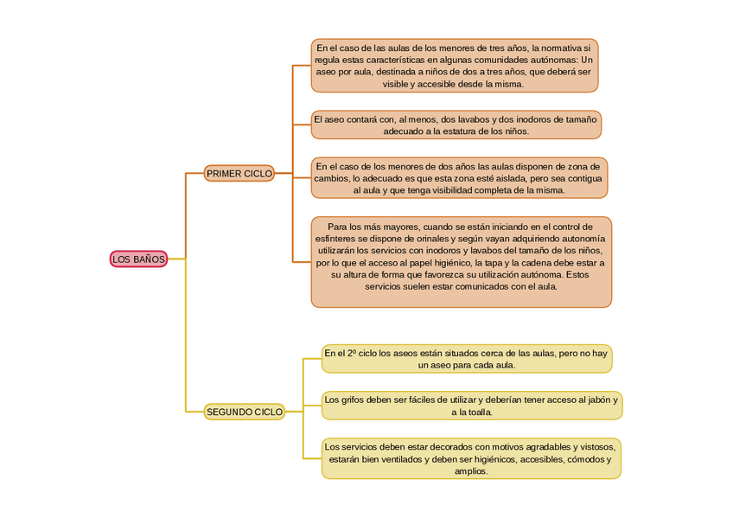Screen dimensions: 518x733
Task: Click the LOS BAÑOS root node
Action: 138,259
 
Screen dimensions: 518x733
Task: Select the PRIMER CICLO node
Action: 239,174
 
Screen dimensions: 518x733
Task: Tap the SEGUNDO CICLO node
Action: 245,412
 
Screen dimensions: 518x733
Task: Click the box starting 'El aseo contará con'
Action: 456,125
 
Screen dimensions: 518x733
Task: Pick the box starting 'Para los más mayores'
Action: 461,261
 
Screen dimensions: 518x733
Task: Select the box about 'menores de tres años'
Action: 454,66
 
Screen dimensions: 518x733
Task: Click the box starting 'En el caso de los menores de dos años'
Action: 458,177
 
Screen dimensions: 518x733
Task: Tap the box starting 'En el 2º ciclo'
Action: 466,358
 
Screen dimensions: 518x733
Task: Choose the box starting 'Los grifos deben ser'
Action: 471,406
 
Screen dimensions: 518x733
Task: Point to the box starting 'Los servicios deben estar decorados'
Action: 470,458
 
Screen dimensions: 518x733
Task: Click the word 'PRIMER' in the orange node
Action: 224,174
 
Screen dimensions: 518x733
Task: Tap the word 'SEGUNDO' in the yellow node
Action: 226,412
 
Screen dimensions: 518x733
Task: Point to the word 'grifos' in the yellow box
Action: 353,400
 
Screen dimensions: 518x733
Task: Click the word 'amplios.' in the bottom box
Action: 471,471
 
